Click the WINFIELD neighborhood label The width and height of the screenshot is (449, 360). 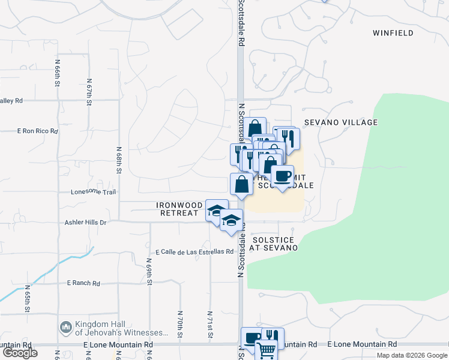pyautogui.click(x=393, y=33)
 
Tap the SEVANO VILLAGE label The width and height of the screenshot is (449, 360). pyautogui.click(x=340, y=122)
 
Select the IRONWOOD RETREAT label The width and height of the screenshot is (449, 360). pyautogui.click(x=178, y=209)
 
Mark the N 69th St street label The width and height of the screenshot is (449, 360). pyautogui.click(x=149, y=272)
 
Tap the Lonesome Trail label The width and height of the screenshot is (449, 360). pyautogui.click(x=93, y=193)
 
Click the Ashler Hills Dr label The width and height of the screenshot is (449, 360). pyautogui.click(x=85, y=222)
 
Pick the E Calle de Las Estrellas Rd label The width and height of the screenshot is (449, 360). pyautogui.click(x=194, y=251)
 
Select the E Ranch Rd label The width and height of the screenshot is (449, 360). pyautogui.click(x=83, y=283)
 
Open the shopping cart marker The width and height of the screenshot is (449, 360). pyautogui.click(x=266, y=349)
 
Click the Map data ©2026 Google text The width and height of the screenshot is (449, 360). pyautogui.click(x=412, y=355)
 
